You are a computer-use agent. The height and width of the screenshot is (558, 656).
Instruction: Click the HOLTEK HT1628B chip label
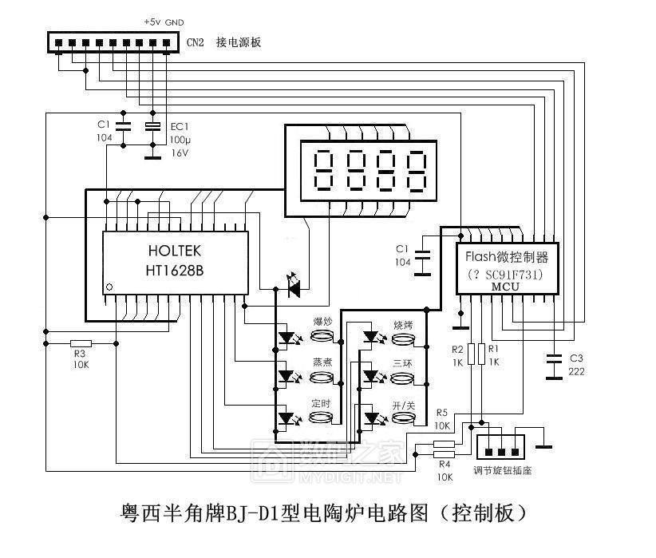click(174, 260)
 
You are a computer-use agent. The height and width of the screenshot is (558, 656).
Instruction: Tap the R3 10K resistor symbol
click(81, 342)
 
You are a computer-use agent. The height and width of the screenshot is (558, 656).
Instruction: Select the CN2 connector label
click(196, 43)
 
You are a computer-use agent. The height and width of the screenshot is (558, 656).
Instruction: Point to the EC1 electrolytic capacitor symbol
click(152, 126)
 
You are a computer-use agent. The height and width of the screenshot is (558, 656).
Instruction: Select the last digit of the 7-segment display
click(416, 170)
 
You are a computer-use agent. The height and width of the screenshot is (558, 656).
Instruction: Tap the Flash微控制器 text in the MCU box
click(507, 257)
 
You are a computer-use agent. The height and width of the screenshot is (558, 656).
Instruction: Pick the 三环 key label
click(402, 362)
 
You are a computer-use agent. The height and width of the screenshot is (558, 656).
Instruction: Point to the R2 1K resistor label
click(457, 355)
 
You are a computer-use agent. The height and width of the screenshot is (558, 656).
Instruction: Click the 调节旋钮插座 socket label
click(502, 470)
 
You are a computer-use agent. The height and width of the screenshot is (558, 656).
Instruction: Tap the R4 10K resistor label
click(445, 470)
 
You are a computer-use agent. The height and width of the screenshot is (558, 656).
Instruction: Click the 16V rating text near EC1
click(180, 153)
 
